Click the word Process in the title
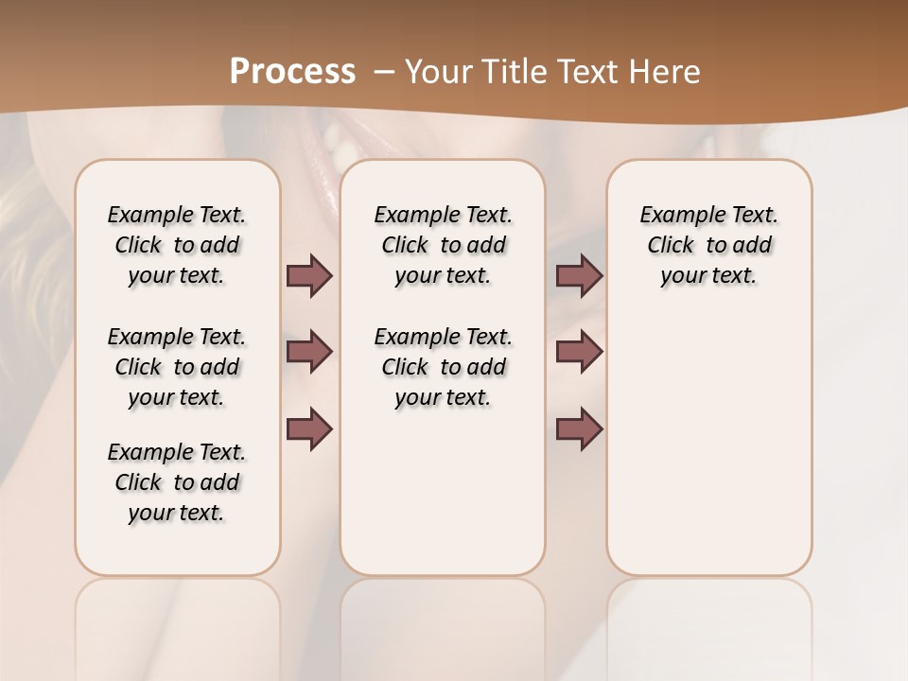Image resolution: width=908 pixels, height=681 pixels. pyautogui.click(x=292, y=71)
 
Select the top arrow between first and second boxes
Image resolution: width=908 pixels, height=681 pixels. pyautogui.click(x=309, y=275)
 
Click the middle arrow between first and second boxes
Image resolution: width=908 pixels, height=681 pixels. pyautogui.click(x=309, y=352)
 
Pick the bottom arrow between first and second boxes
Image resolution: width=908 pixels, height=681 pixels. pyautogui.click(x=309, y=429)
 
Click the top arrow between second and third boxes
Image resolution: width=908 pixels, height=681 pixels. pyautogui.click(x=579, y=275)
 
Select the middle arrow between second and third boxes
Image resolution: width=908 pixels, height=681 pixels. pyautogui.click(x=579, y=352)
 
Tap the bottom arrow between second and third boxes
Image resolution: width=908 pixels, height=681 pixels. pyautogui.click(x=579, y=429)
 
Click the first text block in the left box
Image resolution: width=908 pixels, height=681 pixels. pyautogui.click(x=177, y=245)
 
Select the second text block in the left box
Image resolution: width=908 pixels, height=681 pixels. pyautogui.click(x=177, y=367)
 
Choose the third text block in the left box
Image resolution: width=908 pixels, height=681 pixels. pyautogui.click(x=177, y=482)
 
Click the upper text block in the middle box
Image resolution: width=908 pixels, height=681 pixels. pyautogui.click(x=443, y=245)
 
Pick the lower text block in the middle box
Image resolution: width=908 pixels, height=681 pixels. pyautogui.click(x=443, y=367)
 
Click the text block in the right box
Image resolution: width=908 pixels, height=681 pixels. pyautogui.click(x=708, y=245)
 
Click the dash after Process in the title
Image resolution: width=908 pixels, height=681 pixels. pyautogui.click(x=383, y=72)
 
